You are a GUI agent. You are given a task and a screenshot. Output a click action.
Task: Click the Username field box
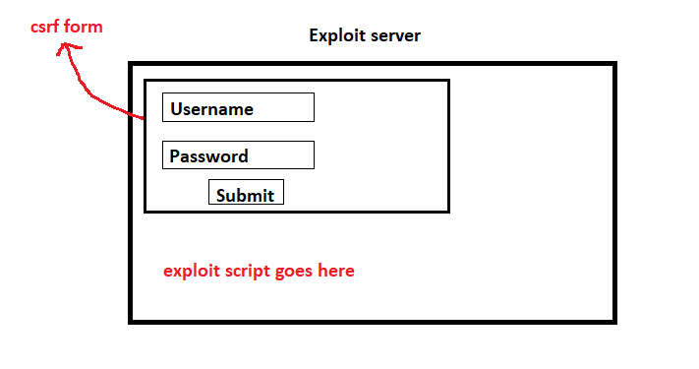[238, 107]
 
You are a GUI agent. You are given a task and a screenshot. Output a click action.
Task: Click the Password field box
[238, 155]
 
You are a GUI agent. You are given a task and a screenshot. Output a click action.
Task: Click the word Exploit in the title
[336, 37]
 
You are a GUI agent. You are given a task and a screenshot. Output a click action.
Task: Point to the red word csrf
[45, 28]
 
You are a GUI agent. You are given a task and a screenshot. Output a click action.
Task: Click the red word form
[84, 28]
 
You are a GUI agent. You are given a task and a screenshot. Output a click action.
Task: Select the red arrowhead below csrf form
[65, 49]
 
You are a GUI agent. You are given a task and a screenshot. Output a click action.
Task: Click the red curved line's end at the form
[143, 119]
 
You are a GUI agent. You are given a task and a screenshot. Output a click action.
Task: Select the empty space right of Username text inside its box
[283, 107]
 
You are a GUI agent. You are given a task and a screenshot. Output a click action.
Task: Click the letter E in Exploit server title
[315, 36]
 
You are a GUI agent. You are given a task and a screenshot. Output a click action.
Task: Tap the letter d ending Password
[243, 156]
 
